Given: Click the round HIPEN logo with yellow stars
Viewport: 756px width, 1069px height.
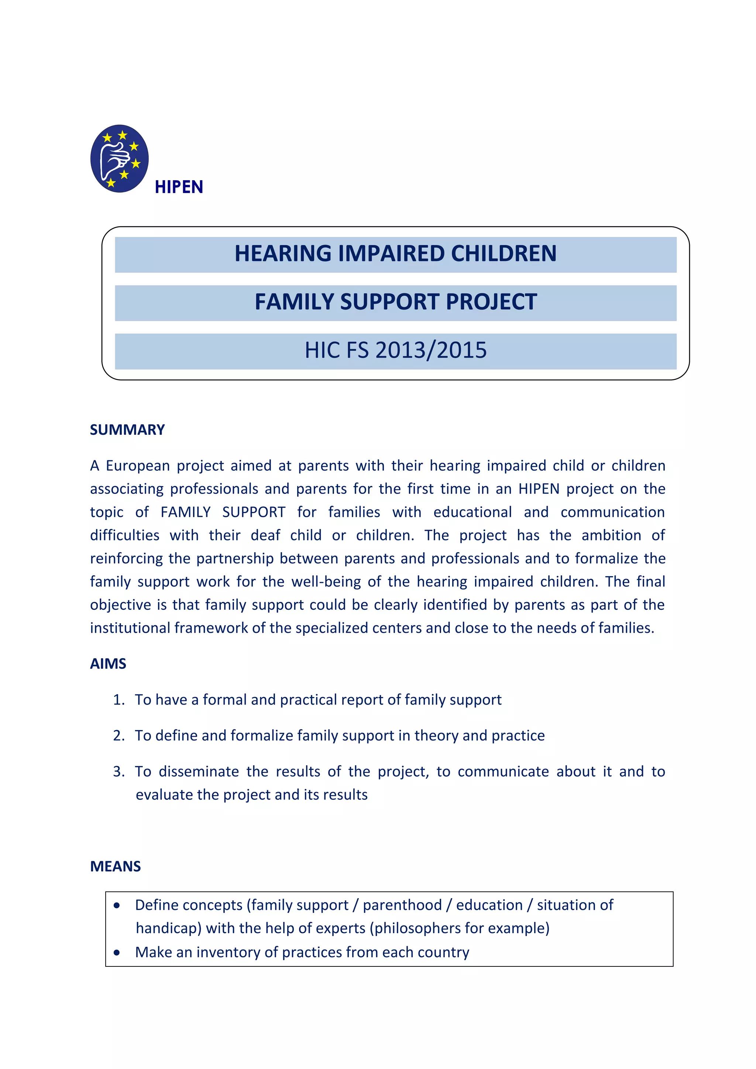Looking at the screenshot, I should coord(120,159).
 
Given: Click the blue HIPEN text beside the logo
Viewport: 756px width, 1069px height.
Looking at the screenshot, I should coord(179,187).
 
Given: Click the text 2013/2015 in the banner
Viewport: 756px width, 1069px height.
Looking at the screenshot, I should coord(431,351).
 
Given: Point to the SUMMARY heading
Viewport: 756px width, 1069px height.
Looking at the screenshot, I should coord(127,430).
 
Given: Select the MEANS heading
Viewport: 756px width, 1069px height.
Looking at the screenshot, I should coord(116,866).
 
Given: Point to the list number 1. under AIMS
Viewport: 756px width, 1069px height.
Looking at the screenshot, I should coord(119,700).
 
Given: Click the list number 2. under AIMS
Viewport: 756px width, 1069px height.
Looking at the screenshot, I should coord(119,736).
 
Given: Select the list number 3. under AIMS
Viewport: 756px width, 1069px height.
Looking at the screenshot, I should coord(119,772).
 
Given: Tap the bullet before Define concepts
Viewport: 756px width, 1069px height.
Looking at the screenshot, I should coord(117,905).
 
